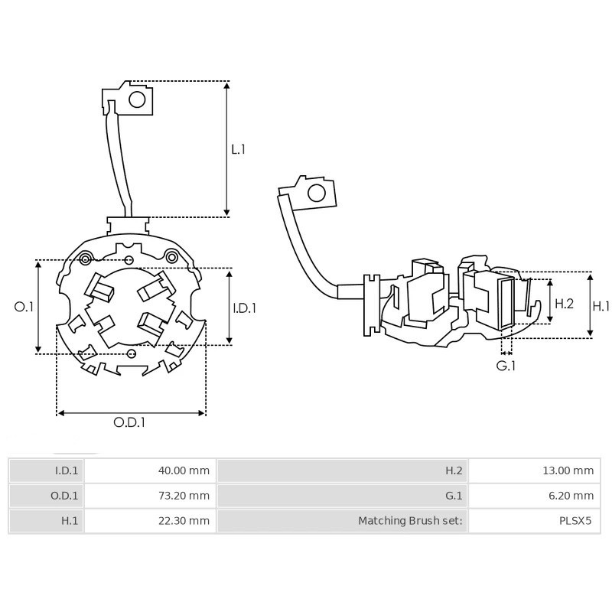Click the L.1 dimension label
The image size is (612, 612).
click(239, 149)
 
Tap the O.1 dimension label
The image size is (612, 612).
click(24, 307)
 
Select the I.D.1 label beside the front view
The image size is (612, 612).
click(244, 308)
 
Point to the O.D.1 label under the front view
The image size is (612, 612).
click(130, 422)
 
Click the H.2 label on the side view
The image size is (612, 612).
click(564, 304)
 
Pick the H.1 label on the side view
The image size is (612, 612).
click(601, 305)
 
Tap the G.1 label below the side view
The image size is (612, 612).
click(506, 366)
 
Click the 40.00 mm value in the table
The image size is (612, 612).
click(183, 470)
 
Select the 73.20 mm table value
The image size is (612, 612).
click(183, 496)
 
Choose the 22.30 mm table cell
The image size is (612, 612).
click(183, 521)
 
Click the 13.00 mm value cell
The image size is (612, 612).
click(567, 470)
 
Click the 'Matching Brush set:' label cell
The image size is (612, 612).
click(411, 521)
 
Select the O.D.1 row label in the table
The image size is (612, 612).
click(64, 496)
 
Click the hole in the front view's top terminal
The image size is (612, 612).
click(137, 99)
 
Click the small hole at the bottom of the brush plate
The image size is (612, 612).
click(131, 353)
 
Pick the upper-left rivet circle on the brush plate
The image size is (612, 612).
click(89, 256)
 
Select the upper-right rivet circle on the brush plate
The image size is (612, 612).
click(172, 256)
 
